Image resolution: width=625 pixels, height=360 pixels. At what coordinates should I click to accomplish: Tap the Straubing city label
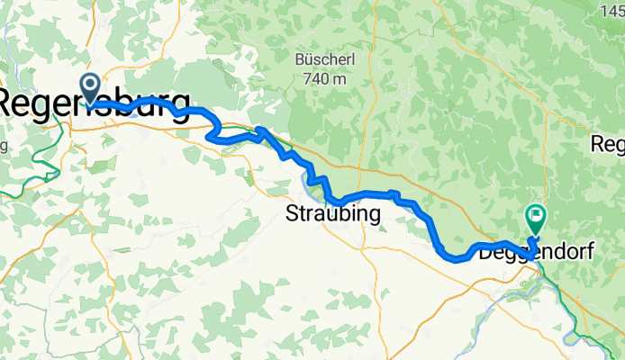point(333,214)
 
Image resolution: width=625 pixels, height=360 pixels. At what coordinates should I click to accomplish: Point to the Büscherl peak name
point(320,61)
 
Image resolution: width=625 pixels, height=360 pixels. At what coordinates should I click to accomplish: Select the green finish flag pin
point(536,217)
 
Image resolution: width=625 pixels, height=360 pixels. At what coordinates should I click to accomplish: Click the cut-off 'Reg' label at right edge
point(607,144)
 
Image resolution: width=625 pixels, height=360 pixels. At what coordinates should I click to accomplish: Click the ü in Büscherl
point(307,61)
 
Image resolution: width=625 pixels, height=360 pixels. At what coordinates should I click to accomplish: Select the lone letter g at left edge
point(5,144)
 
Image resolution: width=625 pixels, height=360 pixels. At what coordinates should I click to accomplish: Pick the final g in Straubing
point(374,216)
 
